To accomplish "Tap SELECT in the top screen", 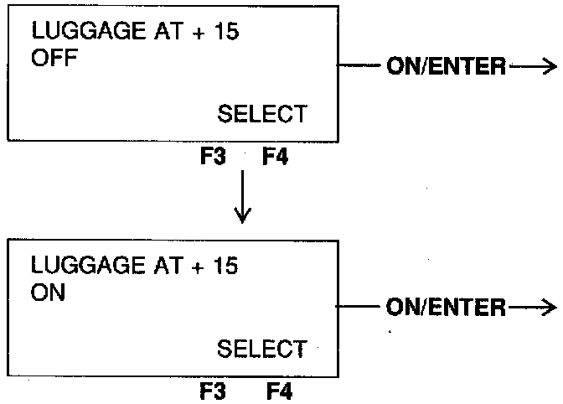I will click(x=262, y=114).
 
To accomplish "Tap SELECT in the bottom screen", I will click(x=262, y=348).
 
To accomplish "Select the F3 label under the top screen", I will click(x=214, y=156).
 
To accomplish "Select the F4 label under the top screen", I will click(x=275, y=156).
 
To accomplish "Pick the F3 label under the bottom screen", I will click(x=214, y=391).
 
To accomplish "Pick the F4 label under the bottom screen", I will click(x=280, y=391).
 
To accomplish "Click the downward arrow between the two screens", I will click(x=243, y=197).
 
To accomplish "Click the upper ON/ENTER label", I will click(x=447, y=67).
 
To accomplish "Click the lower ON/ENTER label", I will click(x=447, y=308).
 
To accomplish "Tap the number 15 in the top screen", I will click(x=225, y=34).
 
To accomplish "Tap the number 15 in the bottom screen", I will click(x=225, y=267).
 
